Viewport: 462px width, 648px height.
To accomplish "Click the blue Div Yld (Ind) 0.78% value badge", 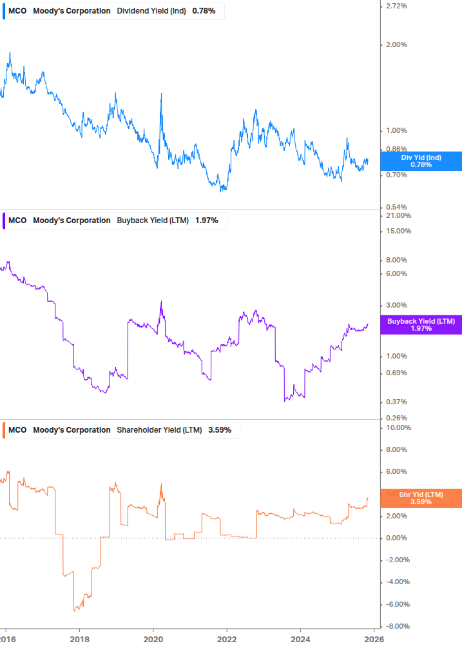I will [x=421, y=161].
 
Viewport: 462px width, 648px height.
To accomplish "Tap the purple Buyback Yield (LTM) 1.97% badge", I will [x=421, y=324].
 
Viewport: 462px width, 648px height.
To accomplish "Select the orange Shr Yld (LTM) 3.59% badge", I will [x=421, y=498].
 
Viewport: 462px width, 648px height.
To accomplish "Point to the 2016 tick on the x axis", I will [x=6, y=638].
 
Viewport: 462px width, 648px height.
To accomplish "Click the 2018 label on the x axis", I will [x=79, y=638].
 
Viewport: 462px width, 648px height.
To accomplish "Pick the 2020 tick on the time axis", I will [x=153, y=638].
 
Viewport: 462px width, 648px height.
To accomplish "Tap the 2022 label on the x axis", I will [x=227, y=638].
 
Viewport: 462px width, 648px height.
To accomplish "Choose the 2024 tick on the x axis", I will [x=301, y=638].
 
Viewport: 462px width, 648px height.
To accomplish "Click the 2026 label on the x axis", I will [x=374, y=638].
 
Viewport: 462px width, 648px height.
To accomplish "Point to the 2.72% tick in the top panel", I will [x=396, y=6].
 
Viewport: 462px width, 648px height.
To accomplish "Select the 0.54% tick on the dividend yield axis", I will [x=396, y=207].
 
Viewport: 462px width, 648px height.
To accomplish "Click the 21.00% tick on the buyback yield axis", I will [x=397, y=215].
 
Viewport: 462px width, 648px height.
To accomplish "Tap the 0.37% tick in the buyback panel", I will [x=396, y=402].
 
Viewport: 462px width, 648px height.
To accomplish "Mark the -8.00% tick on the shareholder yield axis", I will [x=397, y=626].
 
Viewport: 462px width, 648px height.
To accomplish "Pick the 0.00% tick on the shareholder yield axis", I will [x=396, y=538].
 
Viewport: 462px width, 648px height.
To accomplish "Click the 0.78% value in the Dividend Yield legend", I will [x=204, y=11].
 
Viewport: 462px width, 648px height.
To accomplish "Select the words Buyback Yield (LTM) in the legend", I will [x=153, y=221].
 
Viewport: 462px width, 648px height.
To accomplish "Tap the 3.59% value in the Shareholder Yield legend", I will [x=219, y=429].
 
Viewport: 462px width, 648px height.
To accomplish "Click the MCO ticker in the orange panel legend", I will [x=17, y=429].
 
